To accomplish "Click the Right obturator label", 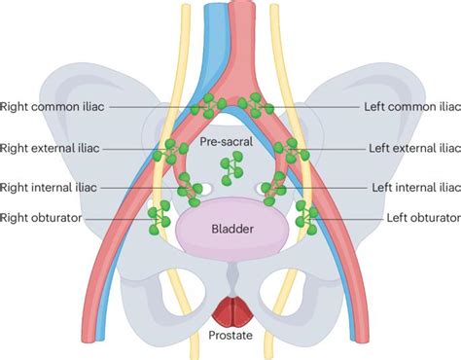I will click(x=41, y=218).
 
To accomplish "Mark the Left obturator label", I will click(x=422, y=218).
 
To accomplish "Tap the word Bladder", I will click(x=231, y=230).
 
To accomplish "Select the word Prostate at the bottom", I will click(x=230, y=337).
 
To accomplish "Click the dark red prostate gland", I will click(x=230, y=308).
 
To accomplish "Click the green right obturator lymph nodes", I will click(x=156, y=218).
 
